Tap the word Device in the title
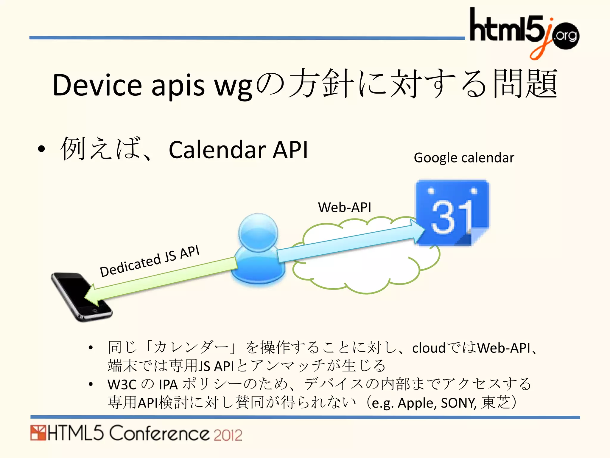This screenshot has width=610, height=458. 97,86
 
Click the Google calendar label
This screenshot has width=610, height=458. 464,158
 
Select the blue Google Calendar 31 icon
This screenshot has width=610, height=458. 452,212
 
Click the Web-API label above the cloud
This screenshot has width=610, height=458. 345,207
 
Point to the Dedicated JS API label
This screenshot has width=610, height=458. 150,261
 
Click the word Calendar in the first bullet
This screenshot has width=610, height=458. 217,150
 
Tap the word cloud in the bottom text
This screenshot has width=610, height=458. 429,348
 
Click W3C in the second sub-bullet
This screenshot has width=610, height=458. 122,385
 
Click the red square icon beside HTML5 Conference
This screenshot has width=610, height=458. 38,433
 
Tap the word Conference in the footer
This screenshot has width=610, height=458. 159,433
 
